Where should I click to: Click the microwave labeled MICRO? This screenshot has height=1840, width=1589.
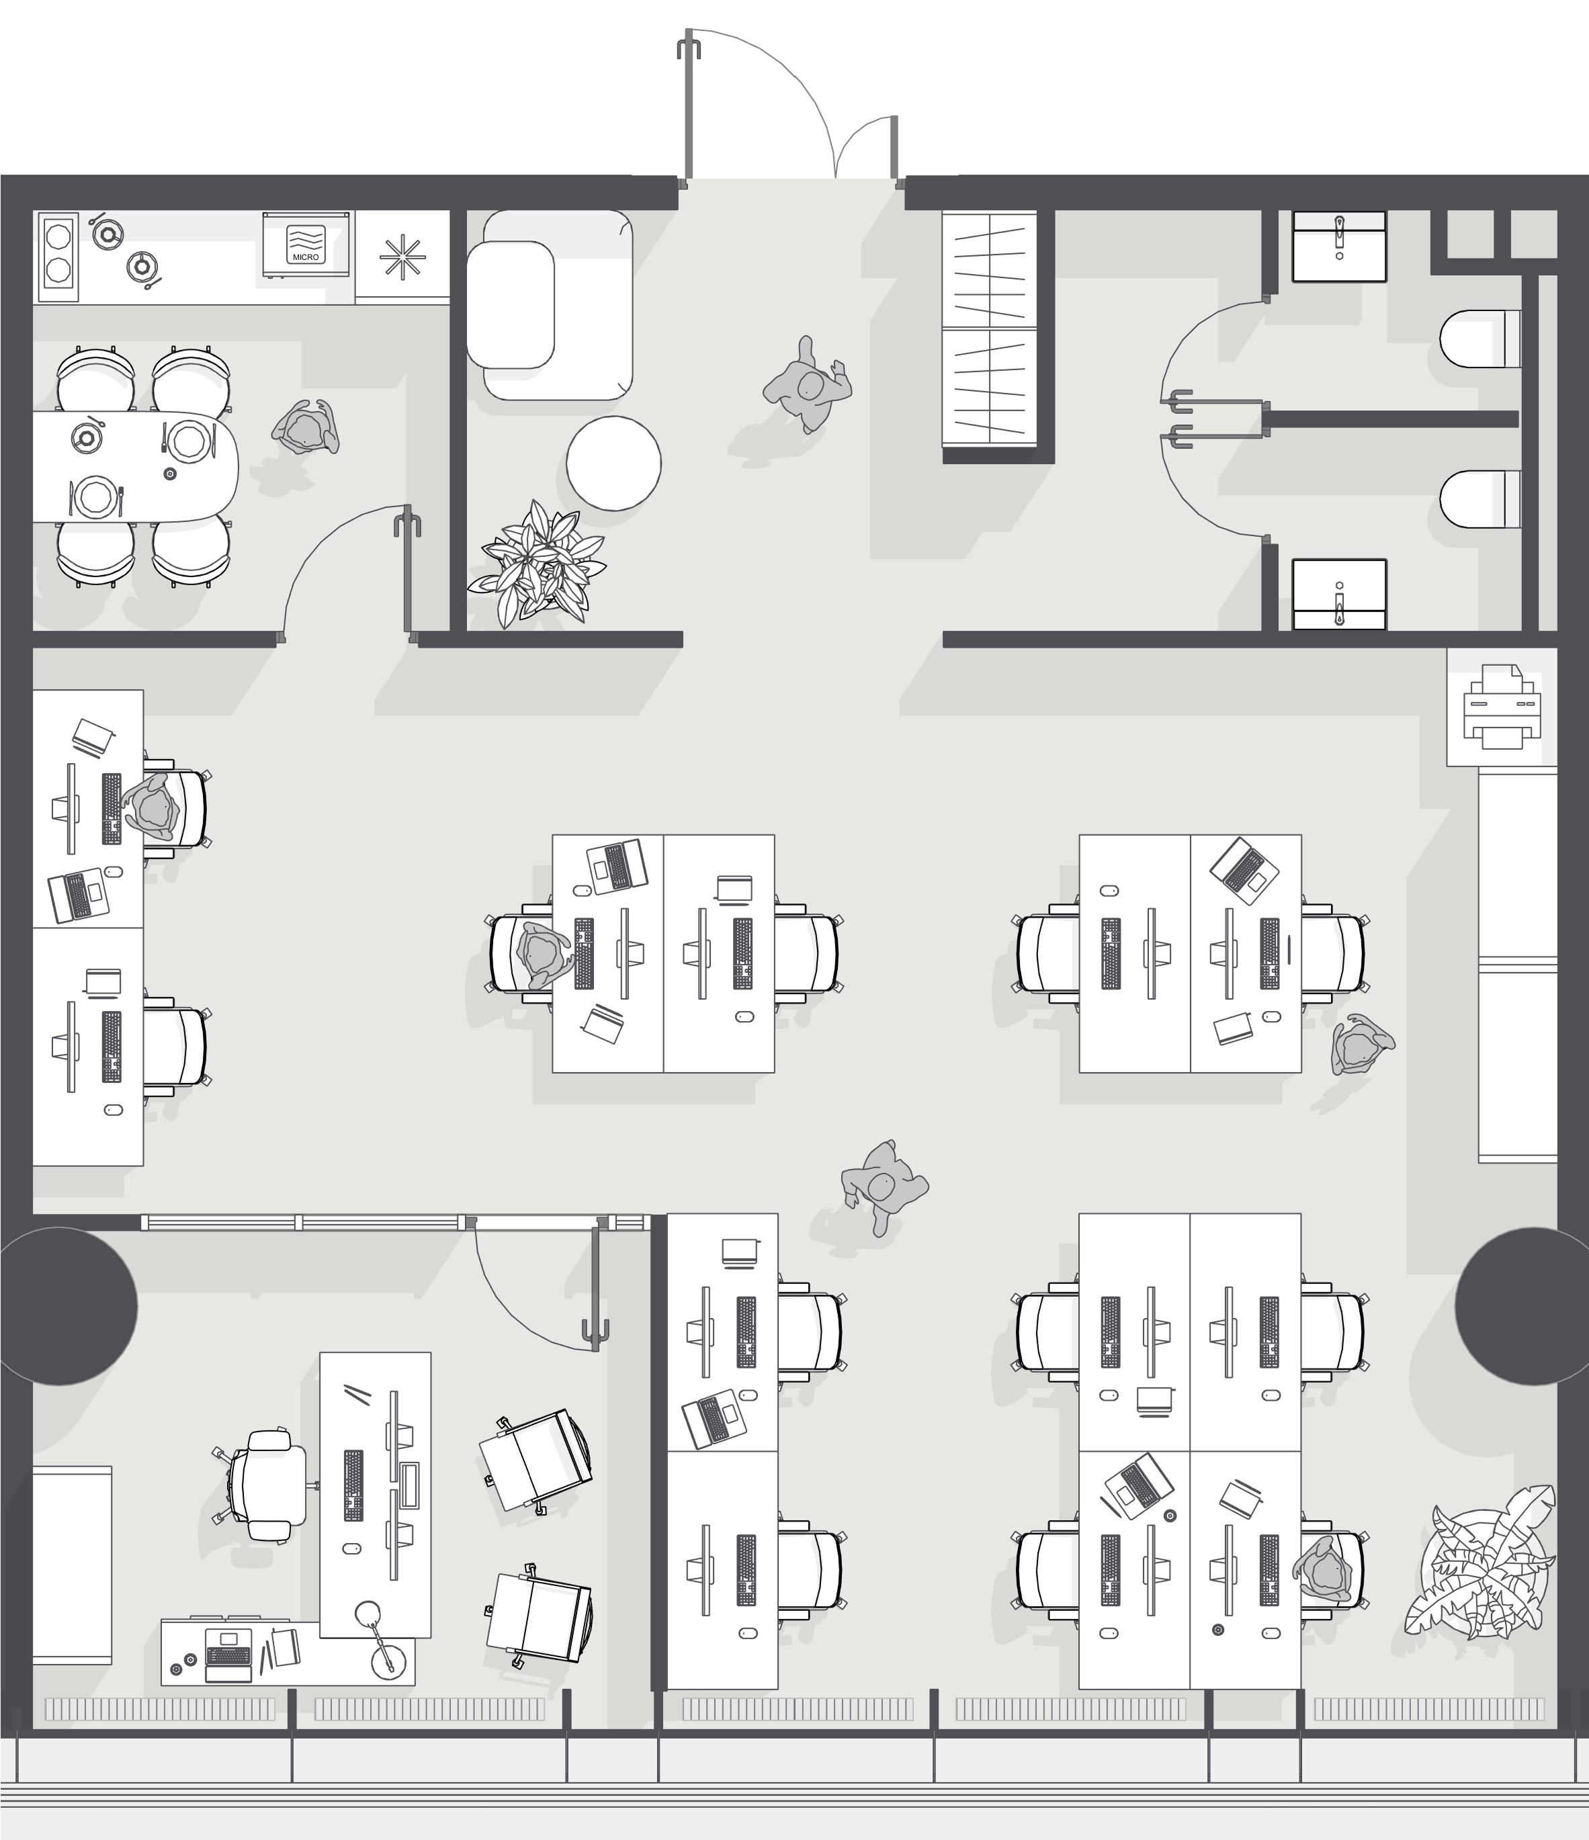pos(306,245)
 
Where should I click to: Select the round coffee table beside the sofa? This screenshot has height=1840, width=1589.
pos(613,464)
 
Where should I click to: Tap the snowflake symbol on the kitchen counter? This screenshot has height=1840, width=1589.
pos(402,257)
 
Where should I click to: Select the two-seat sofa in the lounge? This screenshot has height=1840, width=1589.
pos(550,304)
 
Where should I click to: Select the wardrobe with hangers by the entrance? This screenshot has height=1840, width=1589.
pos(990,328)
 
